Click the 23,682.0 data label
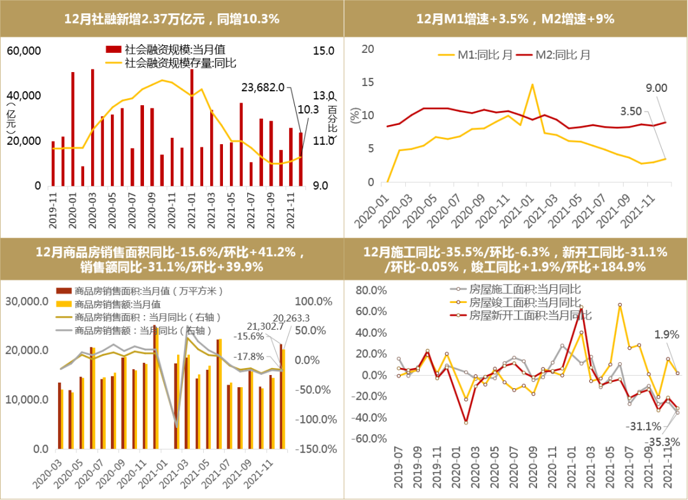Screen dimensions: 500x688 click(263, 87)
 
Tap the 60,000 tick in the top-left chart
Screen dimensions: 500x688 click(24, 51)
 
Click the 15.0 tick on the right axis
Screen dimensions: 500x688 click(324, 50)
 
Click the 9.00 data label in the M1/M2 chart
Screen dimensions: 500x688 click(656, 89)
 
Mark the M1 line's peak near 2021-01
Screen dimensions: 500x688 click(532, 85)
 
